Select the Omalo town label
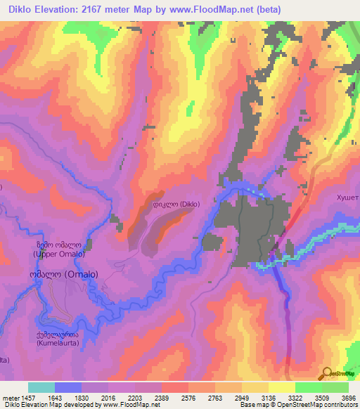tap(63, 275)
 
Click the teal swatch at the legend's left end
tap(41, 387)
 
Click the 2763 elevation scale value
tap(214, 397)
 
